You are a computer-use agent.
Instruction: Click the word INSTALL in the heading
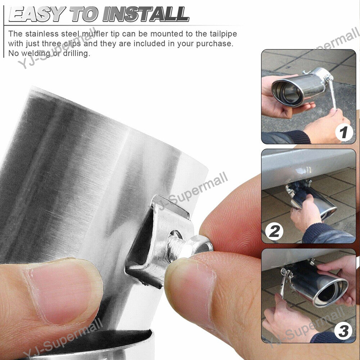(x=146, y=14)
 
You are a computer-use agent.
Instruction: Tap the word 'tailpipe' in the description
(x=223, y=34)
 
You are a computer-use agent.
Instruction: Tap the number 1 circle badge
(x=344, y=132)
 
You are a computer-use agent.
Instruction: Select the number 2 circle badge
(x=274, y=231)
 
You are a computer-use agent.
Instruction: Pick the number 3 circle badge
(x=343, y=331)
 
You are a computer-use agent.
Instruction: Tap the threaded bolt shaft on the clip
(x=176, y=245)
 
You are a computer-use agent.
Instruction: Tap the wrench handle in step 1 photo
(x=332, y=94)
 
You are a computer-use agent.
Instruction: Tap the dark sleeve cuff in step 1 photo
(x=298, y=137)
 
